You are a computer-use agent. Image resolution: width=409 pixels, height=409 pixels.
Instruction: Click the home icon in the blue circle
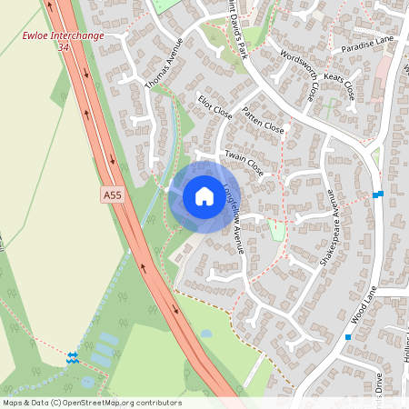[204, 196]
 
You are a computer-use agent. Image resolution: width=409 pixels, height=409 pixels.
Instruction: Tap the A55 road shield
[112, 195]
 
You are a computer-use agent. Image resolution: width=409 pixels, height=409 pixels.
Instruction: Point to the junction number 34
[63, 46]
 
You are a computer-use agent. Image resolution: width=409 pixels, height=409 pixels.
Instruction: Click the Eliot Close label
[214, 106]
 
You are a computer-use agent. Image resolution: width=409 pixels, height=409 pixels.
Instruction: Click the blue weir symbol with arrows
[73, 357]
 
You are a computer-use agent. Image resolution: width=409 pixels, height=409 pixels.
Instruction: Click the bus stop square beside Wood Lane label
[347, 337]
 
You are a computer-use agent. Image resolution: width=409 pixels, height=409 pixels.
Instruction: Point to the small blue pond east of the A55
[206, 334]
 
